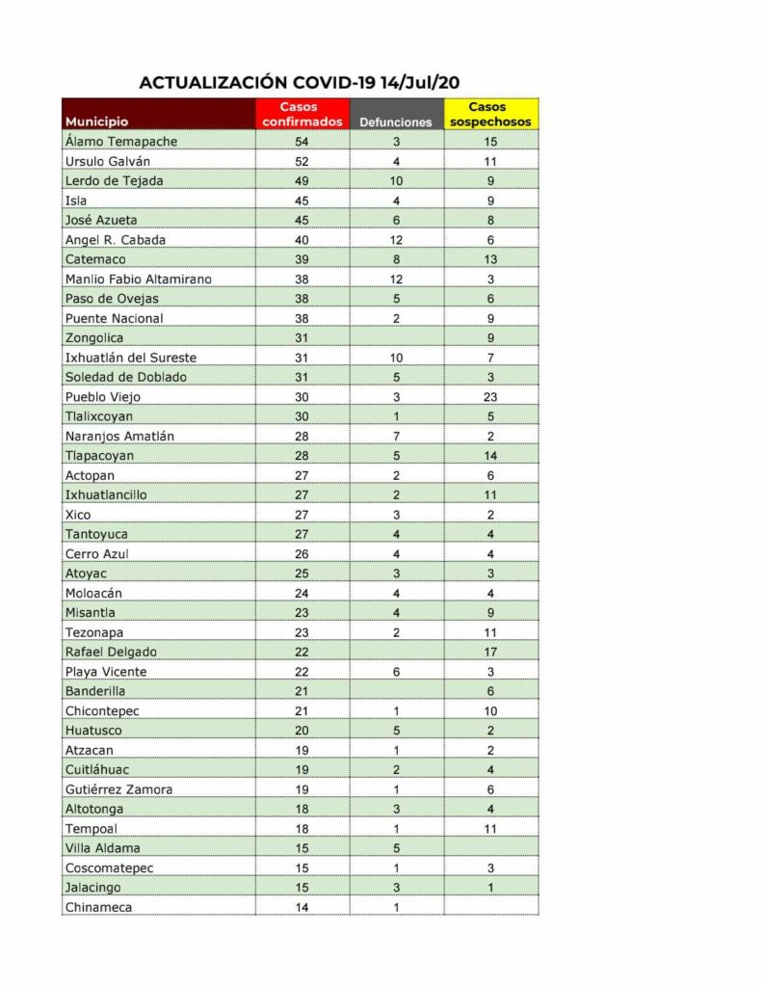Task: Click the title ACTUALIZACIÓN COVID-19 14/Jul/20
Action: coord(299,83)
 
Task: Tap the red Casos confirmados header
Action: coord(302,115)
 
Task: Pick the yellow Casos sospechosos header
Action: coord(490,115)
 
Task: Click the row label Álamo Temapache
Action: coord(121,142)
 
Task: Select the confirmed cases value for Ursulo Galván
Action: coord(302,161)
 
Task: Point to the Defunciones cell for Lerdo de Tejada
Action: coord(396,181)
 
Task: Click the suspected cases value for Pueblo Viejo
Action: coord(490,396)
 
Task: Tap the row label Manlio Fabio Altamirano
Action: coord(138,279)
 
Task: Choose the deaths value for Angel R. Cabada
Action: coord(396,240)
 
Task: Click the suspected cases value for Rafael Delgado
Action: coord(490,652)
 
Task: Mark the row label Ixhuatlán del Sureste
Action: coord(131,358)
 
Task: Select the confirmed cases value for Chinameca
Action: coord(302,907)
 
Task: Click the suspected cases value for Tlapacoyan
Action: coord(490,455)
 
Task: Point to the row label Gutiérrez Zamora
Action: coord(119,789)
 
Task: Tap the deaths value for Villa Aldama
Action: coord(396,848)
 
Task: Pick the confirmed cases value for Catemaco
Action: coord(302,259)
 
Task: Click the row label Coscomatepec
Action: coord(110,867)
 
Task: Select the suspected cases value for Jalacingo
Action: coord(490,888)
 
